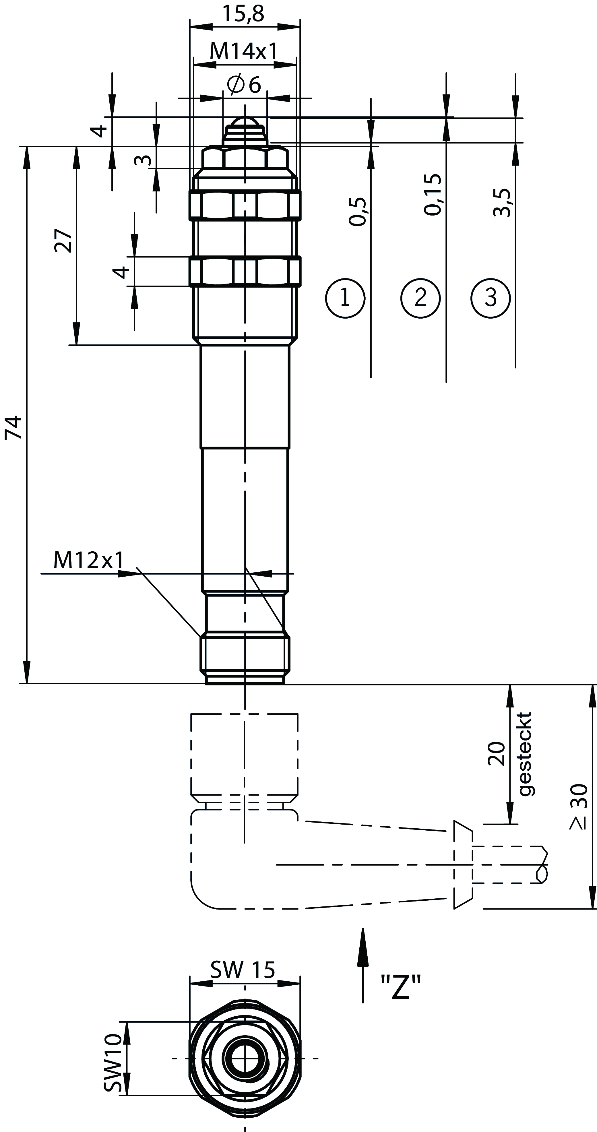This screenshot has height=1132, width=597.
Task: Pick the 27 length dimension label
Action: (63, 240)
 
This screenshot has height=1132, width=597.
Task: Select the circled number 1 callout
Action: (345, 298)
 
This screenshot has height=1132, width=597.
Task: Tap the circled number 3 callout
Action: (491, 298)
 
